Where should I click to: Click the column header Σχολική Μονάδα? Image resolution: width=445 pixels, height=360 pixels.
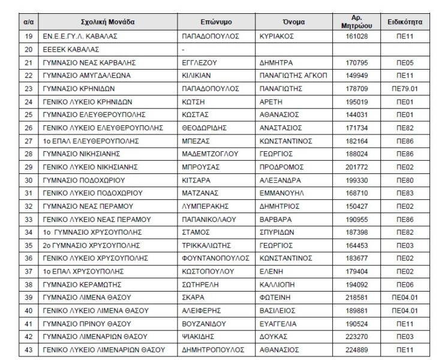coord(108,22)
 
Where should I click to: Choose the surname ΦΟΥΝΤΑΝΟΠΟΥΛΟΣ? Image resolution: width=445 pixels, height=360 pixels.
coord(215,258)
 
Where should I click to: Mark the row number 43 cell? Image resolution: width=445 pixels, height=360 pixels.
coord(28,349)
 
